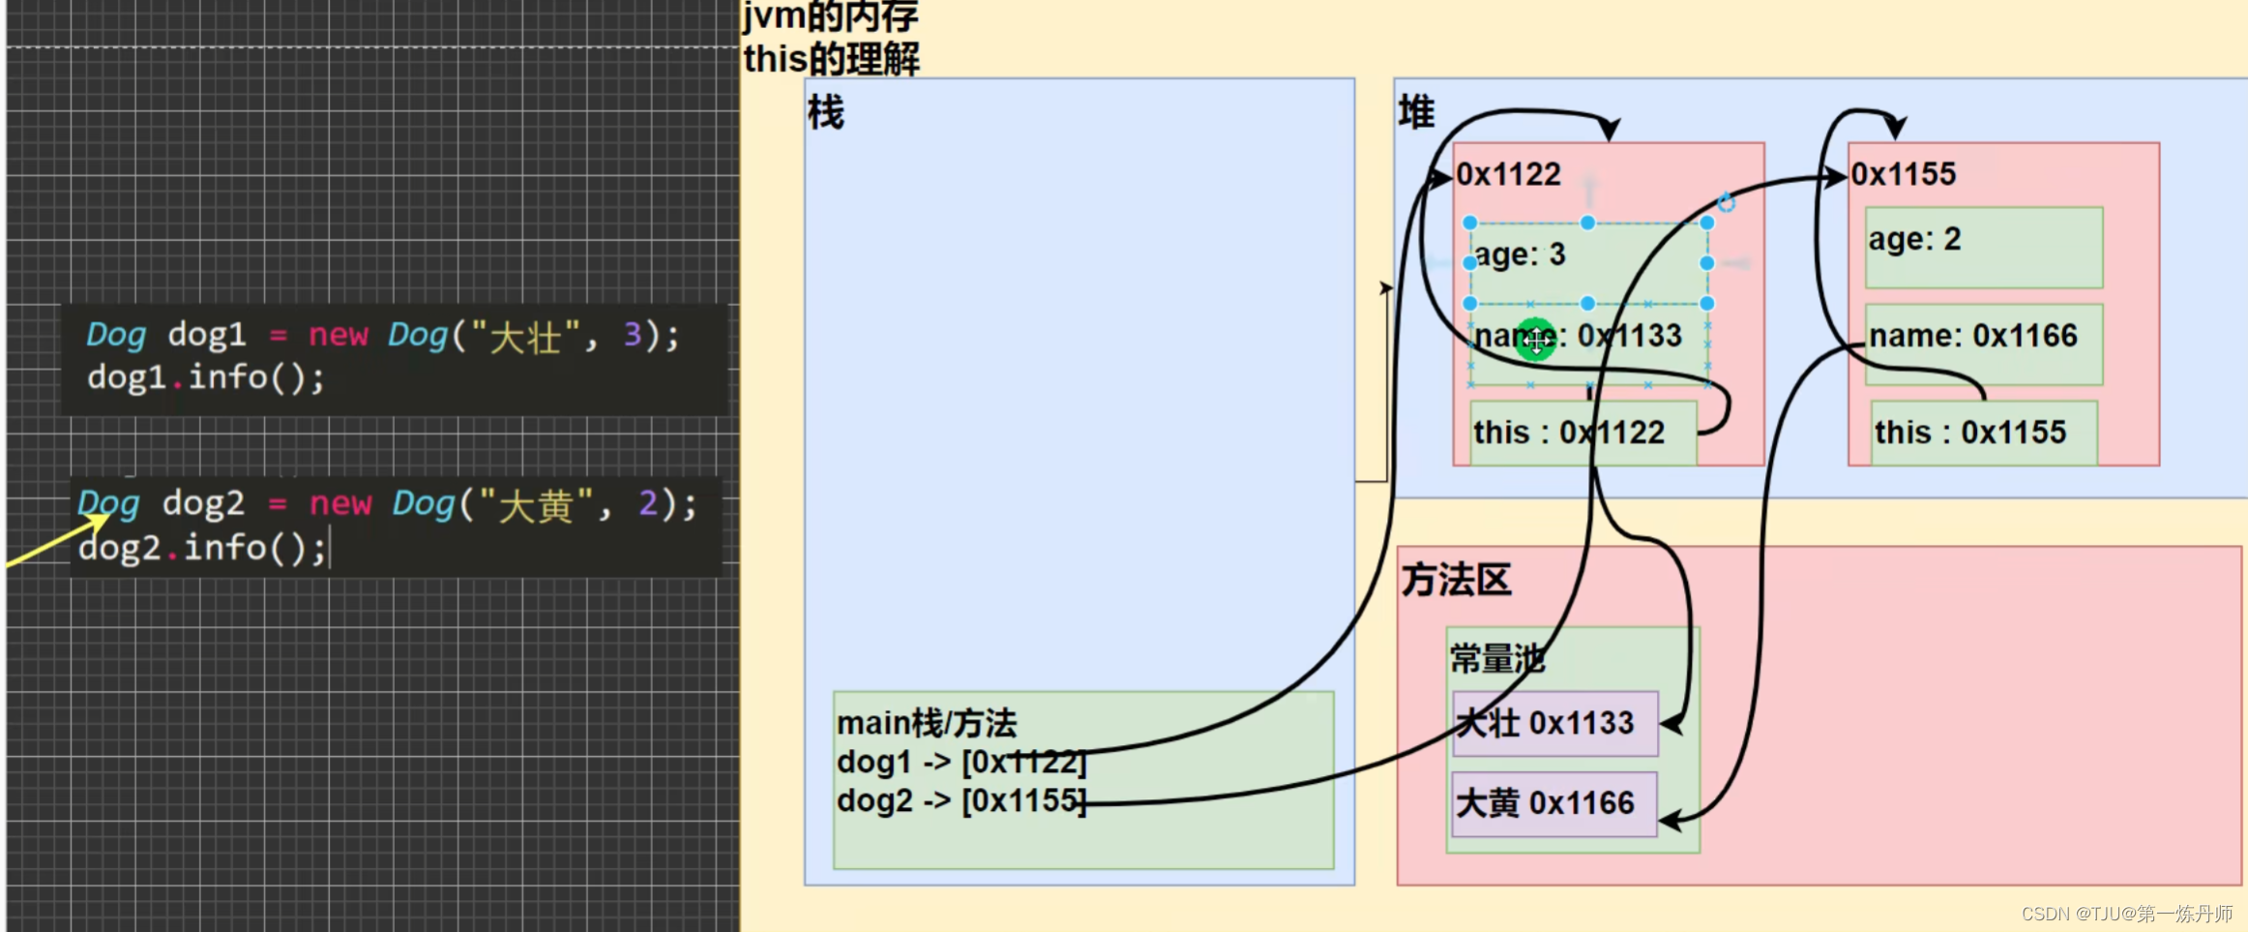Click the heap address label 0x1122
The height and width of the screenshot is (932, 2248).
[x=1509, y=174]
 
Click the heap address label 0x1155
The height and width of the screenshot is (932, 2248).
[x=1904, y=174]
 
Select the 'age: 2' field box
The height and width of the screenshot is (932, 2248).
[x=1983, y=247]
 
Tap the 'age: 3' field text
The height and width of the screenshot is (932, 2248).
[x=1521, y=255]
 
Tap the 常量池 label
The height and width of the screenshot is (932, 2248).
[x=1495, y=659]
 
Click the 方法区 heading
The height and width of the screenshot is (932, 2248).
[x=1456, y=580]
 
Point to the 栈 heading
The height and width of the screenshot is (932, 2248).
[x=826, y=112]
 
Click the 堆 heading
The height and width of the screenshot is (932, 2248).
[x=1416, y=112]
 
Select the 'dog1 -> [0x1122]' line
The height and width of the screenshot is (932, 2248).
[x=961, y=763]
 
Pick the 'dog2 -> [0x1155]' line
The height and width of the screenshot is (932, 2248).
[x=961, y=801]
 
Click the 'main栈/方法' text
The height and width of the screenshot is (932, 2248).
[x=926, y=723]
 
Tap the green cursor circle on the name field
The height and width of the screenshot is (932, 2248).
[x=1536, y=340]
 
